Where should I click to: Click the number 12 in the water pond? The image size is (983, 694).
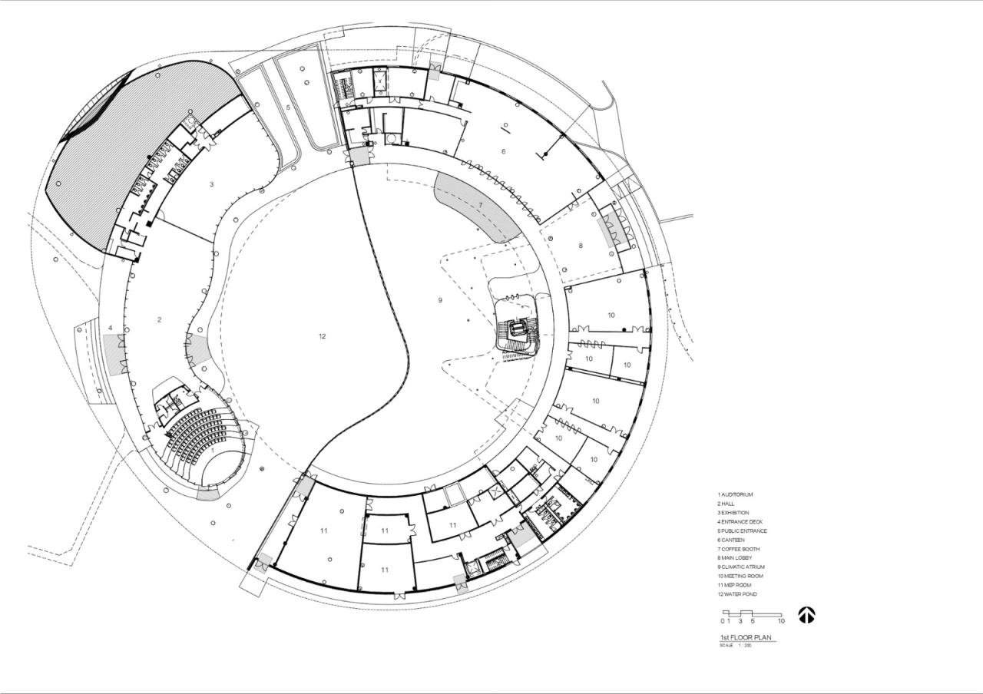(x=323, y=336)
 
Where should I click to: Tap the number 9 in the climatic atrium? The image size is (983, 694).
(x=440, y=300)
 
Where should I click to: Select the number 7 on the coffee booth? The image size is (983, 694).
(x=481, y=206)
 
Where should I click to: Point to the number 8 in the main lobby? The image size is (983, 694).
(x=581, y=246)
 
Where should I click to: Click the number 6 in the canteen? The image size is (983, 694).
(x=504, y=151)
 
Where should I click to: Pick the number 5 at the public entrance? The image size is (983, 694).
(x=288, y=107)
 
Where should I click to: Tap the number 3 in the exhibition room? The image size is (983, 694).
(x=210, y=184)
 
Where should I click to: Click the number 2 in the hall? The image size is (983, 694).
(x=160, y=319)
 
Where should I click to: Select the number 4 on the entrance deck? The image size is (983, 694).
(x=111, y=327)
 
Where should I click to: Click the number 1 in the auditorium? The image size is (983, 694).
(x=213, y=451)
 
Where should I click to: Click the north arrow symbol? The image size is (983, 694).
(x=806, y=615)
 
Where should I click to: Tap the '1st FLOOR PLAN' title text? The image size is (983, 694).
(x=746, y=638)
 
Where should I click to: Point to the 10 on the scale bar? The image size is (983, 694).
(x=781, y=621)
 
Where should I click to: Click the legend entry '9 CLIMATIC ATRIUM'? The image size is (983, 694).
(x=741, y=567)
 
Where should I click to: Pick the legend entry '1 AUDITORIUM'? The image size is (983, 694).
(x=735, y=494)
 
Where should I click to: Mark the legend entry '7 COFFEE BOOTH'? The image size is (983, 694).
(x=739, y=549)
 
